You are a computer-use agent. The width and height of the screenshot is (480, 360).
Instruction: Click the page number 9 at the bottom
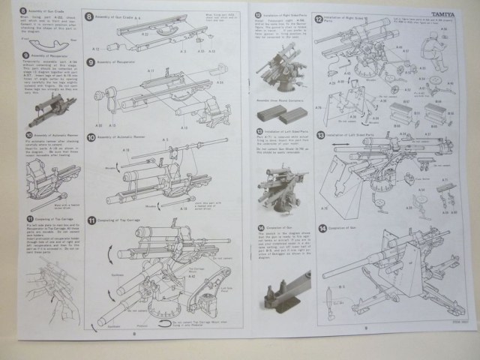coord(365,328)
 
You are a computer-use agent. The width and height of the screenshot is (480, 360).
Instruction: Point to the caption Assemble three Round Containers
coord(280,99)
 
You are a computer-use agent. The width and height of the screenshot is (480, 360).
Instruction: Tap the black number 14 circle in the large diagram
coord(322,228)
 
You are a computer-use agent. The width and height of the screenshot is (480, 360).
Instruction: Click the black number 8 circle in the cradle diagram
coord(89,16)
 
